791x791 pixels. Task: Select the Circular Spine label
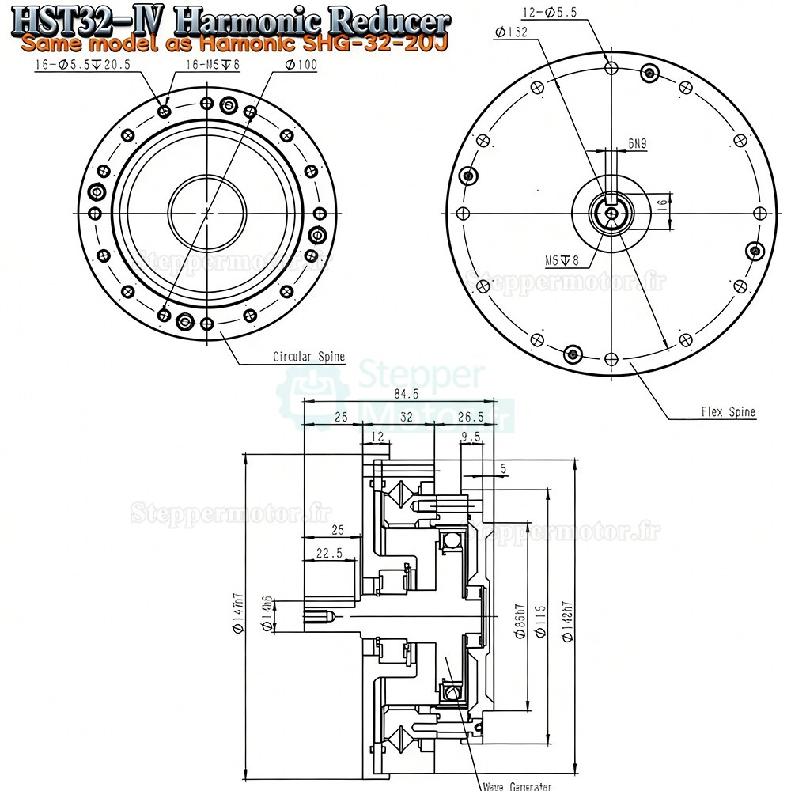(308, 357)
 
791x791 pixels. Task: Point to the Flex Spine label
(728, 412)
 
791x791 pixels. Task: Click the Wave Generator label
(516, 785)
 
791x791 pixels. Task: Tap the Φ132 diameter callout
(510, 32)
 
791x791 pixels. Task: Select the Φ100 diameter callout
(301, 65)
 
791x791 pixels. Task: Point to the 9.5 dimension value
(471, 437)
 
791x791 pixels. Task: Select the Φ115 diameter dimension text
(541, 622)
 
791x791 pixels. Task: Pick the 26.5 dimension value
(470, 417)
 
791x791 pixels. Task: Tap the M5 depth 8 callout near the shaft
(562, 259)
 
